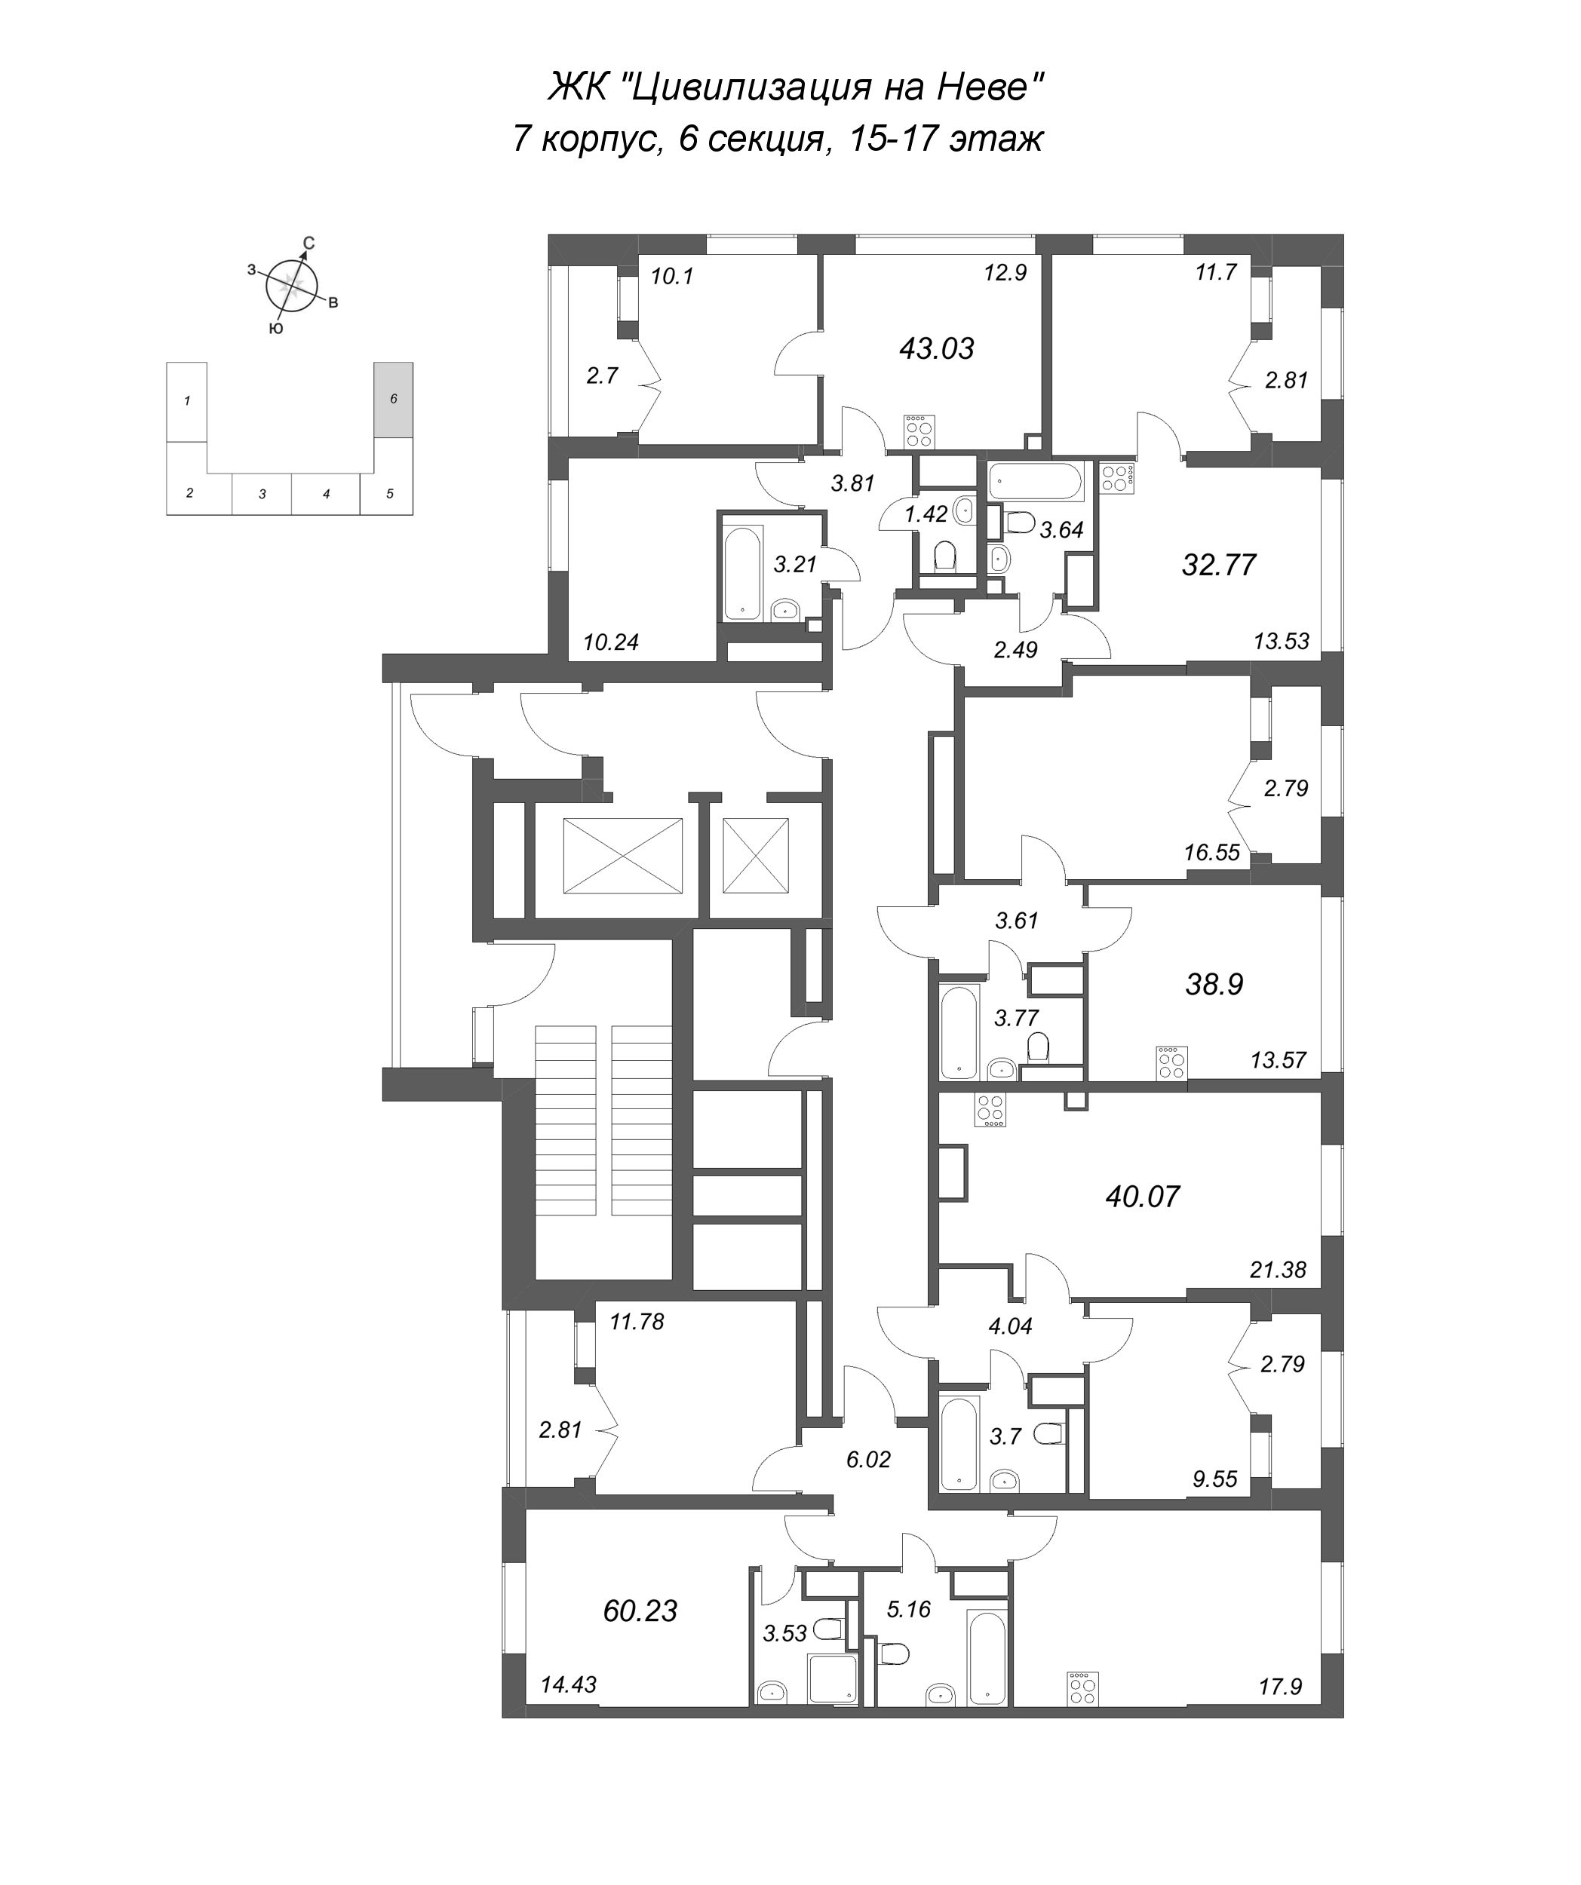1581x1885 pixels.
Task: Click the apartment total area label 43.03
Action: point(936,348)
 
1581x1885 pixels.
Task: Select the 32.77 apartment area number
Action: point(1218,565)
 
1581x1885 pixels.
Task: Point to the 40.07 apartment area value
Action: point(1142,1197)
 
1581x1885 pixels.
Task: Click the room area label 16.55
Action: point(1211,852)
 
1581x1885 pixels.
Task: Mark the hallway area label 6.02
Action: point(868,1460)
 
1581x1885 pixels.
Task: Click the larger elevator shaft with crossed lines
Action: point(622,856)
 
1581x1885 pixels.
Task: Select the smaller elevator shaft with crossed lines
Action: point(755,856)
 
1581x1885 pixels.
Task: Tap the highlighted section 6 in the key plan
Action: point(393,400)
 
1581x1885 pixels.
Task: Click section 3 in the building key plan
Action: point(262,494)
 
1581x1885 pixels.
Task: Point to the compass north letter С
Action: point(308,242)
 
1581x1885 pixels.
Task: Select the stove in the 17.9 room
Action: point(1082,1687)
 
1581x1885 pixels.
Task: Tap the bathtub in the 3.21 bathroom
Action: point(742,574)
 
